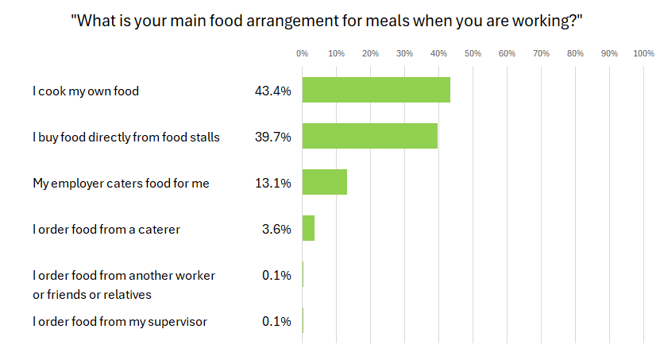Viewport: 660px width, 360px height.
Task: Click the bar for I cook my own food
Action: tap(376, 91)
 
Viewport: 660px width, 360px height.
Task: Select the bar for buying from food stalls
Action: tap(369, 137)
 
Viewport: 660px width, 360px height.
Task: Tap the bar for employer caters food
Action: tap(324, 183)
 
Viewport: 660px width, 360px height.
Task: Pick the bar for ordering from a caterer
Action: tap(308, 229)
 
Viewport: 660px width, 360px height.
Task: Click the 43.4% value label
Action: tap(272, 91)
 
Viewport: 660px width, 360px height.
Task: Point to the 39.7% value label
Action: tap(272, 137)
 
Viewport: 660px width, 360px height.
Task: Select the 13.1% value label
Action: tap(272, 184)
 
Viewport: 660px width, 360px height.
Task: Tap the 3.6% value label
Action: tap(276, 230)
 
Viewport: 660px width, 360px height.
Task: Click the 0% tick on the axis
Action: tap(302, 53)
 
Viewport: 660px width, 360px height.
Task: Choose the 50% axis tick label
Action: tap(473, 53)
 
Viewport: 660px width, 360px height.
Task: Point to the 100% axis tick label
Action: tap(643, 53)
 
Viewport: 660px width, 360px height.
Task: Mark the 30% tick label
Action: tap(404, 53)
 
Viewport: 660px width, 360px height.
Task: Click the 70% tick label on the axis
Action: tap(541, 53)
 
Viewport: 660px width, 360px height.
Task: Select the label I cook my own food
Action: tap(86, 91)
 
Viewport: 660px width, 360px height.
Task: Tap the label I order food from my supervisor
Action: tap(120, 322)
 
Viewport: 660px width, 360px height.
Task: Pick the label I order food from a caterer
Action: tap(106, 230)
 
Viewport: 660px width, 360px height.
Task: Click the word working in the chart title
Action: tap(543, 21)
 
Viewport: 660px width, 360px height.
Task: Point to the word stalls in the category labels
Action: tap(203, 137)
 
